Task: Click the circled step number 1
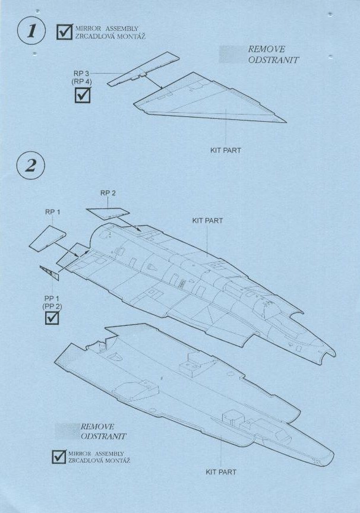coord(31,30)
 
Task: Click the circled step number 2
coord(30,165)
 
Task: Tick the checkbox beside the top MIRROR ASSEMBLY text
coord(65,31)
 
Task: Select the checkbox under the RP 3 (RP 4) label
coord(83,95)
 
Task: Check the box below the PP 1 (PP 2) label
coord(52,318)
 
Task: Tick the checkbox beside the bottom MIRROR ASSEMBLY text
coord(59,457)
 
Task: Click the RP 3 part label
coord(81,74)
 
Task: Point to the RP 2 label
coord(108,193)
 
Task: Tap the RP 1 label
coord(52,212)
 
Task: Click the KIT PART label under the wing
coord(226,150)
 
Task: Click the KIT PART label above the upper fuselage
coord(207,221)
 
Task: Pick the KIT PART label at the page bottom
coord(221,472)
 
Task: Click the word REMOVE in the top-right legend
coord(266,49)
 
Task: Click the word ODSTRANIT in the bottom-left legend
coord(103,436)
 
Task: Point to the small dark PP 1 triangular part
coord(50,273)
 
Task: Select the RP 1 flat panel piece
coord(48,238)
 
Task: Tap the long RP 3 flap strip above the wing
coord(143,70)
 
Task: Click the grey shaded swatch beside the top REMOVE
coord(232,54)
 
